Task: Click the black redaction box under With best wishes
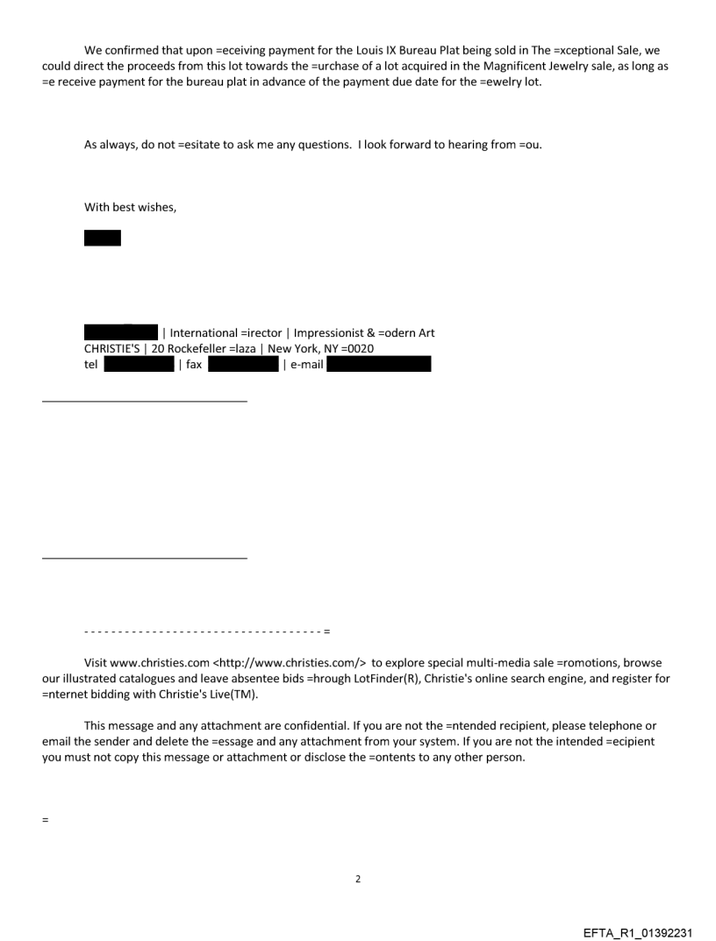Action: [x=103, y=238]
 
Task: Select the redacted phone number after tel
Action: [x=139, y=364]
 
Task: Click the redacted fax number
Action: [x=243, y=364]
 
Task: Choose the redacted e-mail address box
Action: [x=378, y=364]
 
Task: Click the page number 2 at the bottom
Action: [x=358, y=878]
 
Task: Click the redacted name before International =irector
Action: [x=120, y=333]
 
